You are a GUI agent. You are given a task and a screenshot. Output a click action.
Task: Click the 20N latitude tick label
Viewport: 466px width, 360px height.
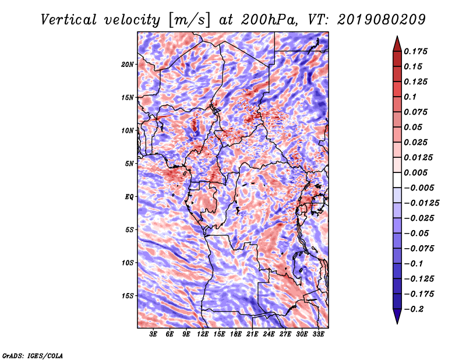[128, 64]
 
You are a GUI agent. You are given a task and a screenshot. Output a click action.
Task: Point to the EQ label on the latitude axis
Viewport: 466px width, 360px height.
[129, 197]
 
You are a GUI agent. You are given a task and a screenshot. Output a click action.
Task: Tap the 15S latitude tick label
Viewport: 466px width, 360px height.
[128, 296]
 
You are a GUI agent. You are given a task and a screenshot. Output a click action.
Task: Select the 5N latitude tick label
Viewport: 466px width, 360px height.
[129, 164]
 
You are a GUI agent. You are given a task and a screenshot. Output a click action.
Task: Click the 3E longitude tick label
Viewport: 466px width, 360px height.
[154, 334]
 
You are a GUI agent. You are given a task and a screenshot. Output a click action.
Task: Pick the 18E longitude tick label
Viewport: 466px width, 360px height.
[236, 334]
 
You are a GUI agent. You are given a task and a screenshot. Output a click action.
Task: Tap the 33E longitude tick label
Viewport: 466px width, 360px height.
[318, 334]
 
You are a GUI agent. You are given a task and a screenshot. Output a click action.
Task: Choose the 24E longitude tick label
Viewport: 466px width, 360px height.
[269, 334]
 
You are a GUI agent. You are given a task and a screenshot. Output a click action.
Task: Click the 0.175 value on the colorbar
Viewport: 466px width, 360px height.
[417, 51]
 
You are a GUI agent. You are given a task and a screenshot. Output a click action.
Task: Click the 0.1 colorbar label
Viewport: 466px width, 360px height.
[411, 97]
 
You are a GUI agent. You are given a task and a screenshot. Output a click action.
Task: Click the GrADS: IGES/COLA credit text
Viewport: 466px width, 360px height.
[32, 355]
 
